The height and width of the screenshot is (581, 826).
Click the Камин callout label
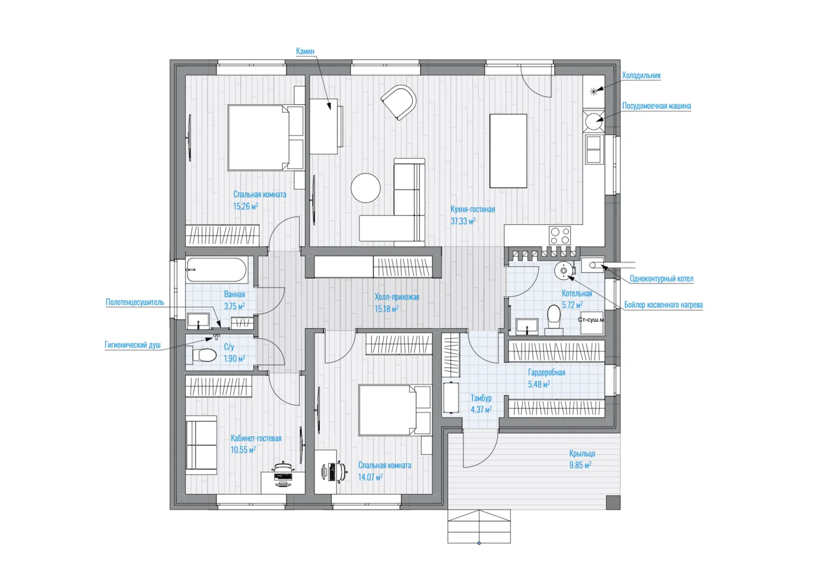point(305,51)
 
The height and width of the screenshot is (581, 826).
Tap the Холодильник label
point(641,75)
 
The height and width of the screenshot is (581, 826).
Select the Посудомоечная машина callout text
point(656,106)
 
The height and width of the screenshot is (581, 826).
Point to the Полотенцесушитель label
point(135,302)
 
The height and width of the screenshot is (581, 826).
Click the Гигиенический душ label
point(133,345)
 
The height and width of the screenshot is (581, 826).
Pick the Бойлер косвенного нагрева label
point(663,304)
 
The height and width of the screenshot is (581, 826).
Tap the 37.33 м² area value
point(463,221)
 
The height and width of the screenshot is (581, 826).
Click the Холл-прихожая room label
point(397,296)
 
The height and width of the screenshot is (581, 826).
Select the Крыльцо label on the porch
point(582,453)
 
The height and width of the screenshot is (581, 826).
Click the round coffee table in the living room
point(366,188)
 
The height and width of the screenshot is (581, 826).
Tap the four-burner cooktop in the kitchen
point(560,236)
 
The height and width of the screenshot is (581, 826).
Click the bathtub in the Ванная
point(216,271)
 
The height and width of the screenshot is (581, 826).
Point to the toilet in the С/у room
point(204,356)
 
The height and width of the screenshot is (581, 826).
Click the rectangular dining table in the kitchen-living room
point(508,151)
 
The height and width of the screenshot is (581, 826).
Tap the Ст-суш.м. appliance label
point(591,320)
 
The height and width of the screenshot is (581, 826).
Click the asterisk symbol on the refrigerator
point(593,92)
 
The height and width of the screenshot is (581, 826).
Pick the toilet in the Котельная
point(554,320)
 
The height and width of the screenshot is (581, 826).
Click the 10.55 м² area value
point(243,450)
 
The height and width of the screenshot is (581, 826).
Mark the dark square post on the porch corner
point(613,502)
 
